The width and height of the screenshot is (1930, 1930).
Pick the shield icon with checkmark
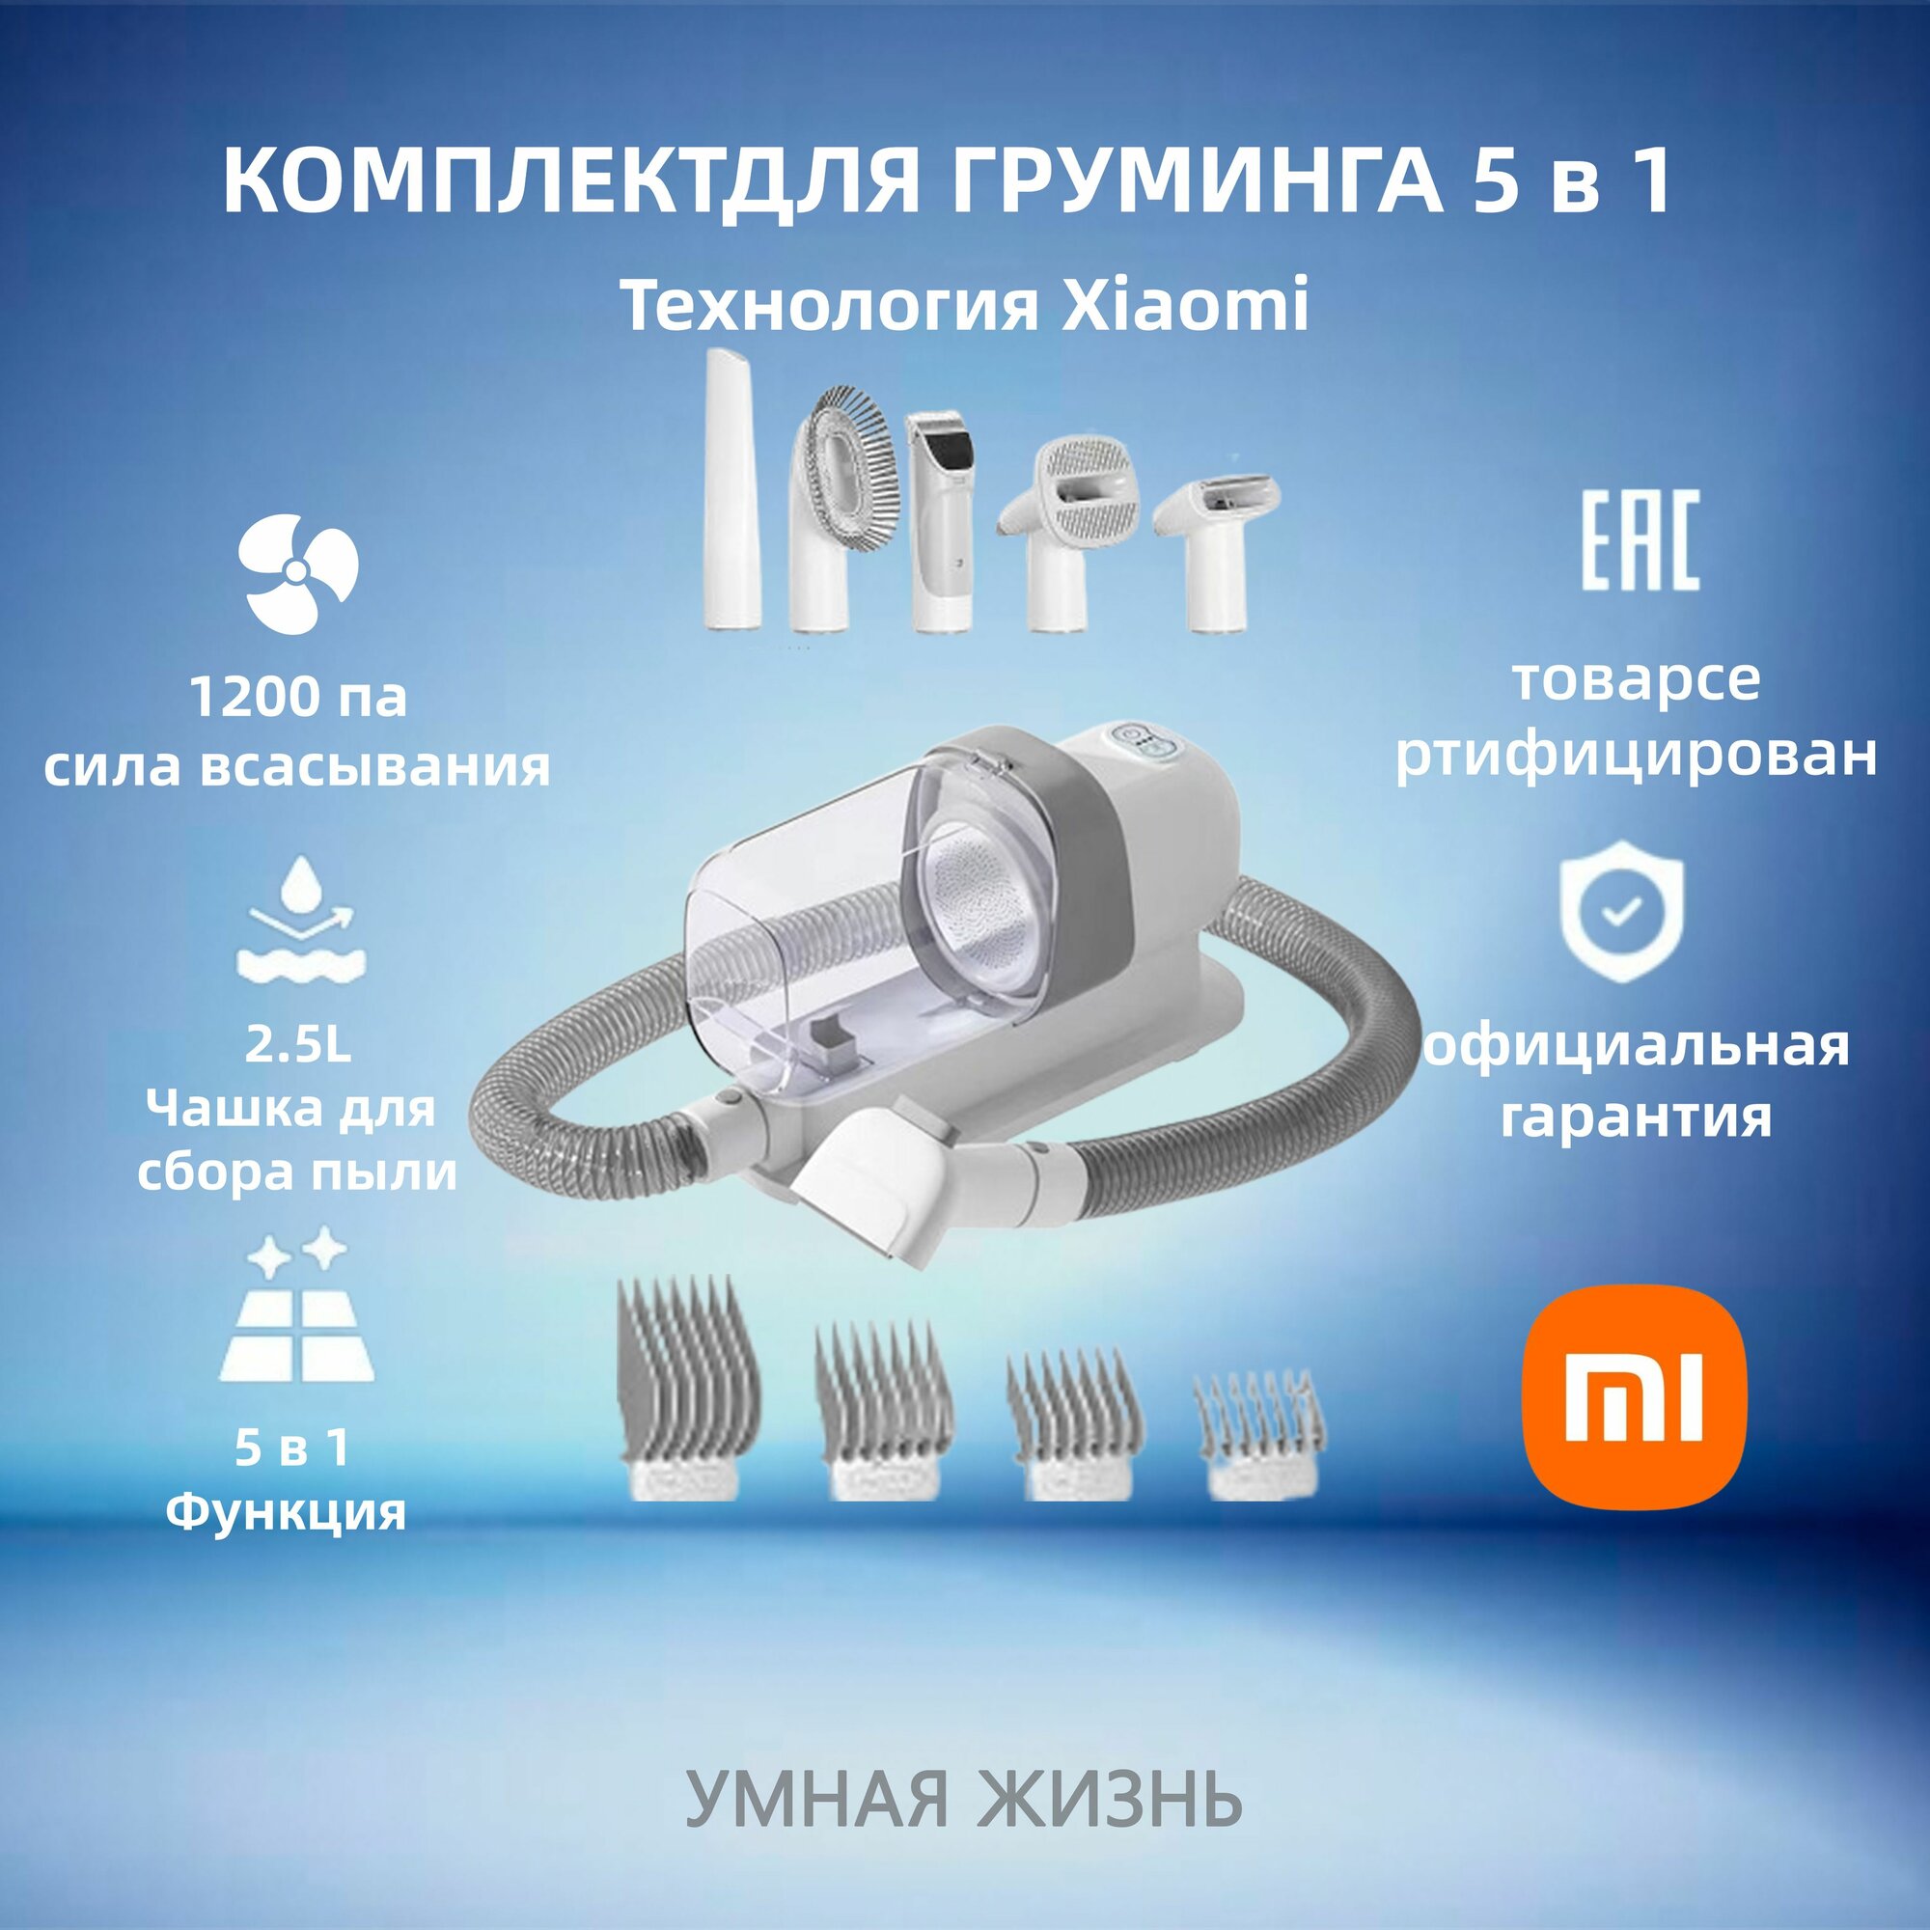coord(1622,910)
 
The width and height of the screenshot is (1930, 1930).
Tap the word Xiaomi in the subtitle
coord(1183,306)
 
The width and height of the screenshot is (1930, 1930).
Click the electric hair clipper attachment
coord(941,519)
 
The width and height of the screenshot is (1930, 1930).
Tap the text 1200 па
coord(297,698)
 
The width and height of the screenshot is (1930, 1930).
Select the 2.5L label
coord(297,1045)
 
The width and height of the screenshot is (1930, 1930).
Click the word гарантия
coord(1636,1116)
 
